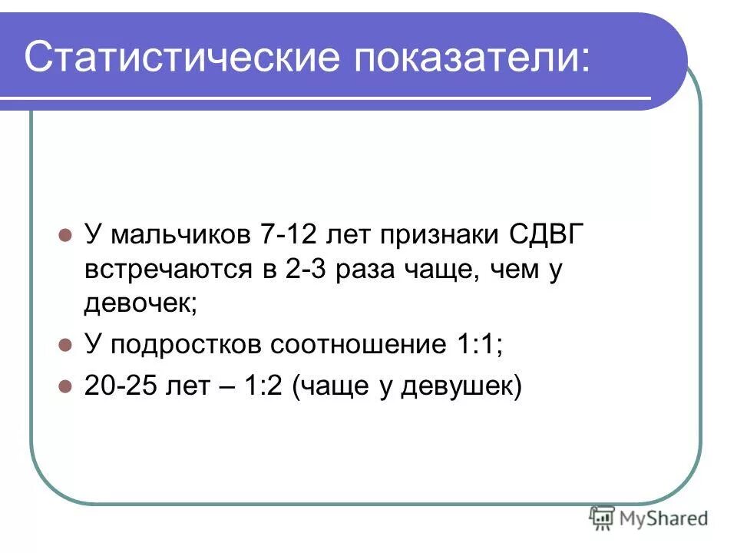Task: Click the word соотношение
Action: (x=358, y=346)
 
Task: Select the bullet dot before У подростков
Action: (x=65, y=346)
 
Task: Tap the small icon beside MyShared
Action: (x=602, y=518)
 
